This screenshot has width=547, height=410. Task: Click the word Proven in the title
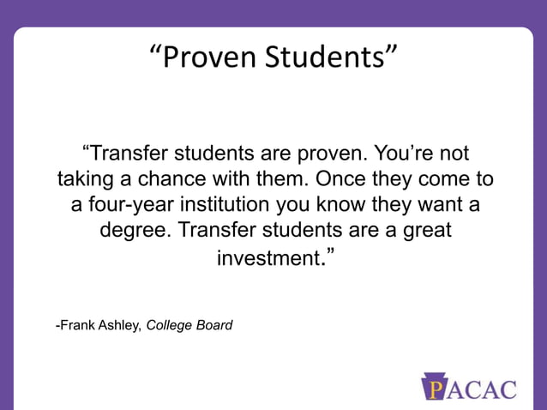207,57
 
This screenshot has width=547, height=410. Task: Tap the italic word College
171,326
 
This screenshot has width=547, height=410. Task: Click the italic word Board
215,326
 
